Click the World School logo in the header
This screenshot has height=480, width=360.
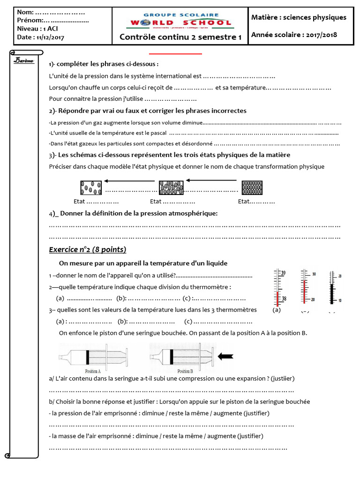[180, 21]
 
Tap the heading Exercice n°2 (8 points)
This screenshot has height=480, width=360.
[88, 249]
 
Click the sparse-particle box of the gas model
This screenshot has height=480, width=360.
[91, 187]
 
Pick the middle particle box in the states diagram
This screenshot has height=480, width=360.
[171, 187]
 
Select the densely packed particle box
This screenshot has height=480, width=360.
[252, 187]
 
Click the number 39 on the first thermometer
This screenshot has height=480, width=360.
[283, 273]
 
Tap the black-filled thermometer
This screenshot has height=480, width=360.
[332, 288]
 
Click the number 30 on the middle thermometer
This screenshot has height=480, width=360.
[315, 274]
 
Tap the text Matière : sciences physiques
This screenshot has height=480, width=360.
[299, 17]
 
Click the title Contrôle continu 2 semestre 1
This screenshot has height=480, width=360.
[180, 37]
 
